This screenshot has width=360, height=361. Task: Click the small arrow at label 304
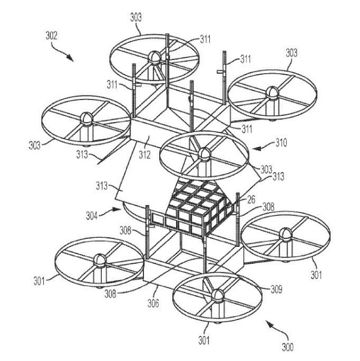(x=116, y=210)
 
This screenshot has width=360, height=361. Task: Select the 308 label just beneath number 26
(x=251, y=208)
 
